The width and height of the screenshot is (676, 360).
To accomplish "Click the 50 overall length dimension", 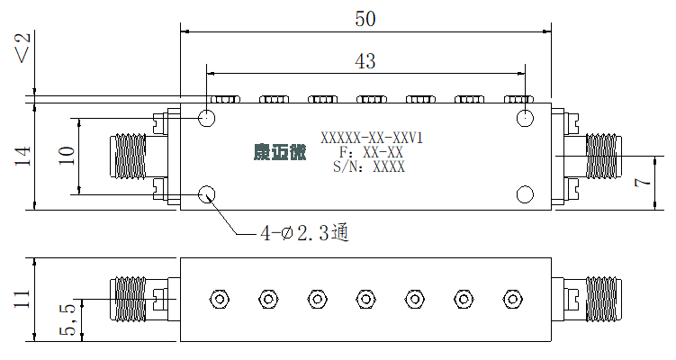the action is pyautogui.click(x=365, y=19).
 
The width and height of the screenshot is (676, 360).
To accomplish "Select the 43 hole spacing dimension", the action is pyautogui.click(x=365, y=61).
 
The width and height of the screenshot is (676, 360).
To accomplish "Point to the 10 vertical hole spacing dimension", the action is pyautogui.click(x=67, y=156).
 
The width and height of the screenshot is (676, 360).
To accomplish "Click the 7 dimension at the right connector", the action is pyautogui.click(x=643, y=183).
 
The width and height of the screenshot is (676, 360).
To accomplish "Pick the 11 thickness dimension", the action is pyautogui.click(x=22, y=299).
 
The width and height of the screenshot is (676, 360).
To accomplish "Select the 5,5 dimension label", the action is pyautogui.click(x=68, y=319).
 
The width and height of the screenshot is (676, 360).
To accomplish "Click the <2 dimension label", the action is pyautogui.click(x=23, y=48).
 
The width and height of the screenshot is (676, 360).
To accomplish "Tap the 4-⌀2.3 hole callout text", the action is pyautogui.click(x=304, y=233).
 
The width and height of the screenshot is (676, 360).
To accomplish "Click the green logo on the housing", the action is pyautogui.click(x=280, y=152).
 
